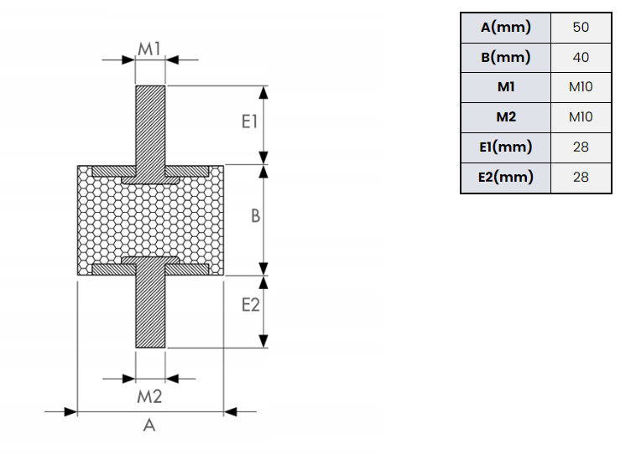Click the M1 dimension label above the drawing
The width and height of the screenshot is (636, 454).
[x=149, y=49]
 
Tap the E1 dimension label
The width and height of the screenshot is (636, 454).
[x=248, y=123]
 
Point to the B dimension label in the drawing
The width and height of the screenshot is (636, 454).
[x=256, y=216]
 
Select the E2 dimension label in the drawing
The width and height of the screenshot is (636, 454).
[x=250, y=305]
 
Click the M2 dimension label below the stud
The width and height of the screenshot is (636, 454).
[x=149, y=395]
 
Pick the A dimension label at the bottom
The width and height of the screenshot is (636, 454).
[x=149, y=426]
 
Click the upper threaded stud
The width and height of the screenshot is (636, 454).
[x=149, y=126]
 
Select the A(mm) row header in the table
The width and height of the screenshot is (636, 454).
[x=506, y=28]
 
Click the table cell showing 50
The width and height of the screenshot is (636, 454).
[x=581, y=28]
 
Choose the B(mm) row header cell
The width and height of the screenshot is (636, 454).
[x=506, y=58]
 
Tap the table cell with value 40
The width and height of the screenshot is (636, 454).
[x=581, y=58]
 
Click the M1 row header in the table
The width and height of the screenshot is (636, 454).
[x=506, y=87]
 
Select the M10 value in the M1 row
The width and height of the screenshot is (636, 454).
[x=581, y=87]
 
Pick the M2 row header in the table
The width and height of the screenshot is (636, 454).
[x=506, y=117]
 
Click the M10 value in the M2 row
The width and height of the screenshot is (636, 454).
[x=581, y=117]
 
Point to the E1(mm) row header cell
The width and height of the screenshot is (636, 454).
[x=506, y=147]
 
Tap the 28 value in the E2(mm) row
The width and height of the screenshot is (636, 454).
[x=581, y=178]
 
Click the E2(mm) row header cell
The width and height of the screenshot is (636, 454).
[x=506, y=178]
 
